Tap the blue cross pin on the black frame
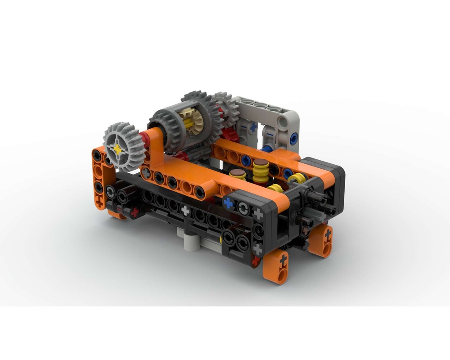point(229,203)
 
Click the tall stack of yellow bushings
point(260,171)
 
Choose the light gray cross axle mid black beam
point(185,209)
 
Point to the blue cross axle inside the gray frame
point(253,127)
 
